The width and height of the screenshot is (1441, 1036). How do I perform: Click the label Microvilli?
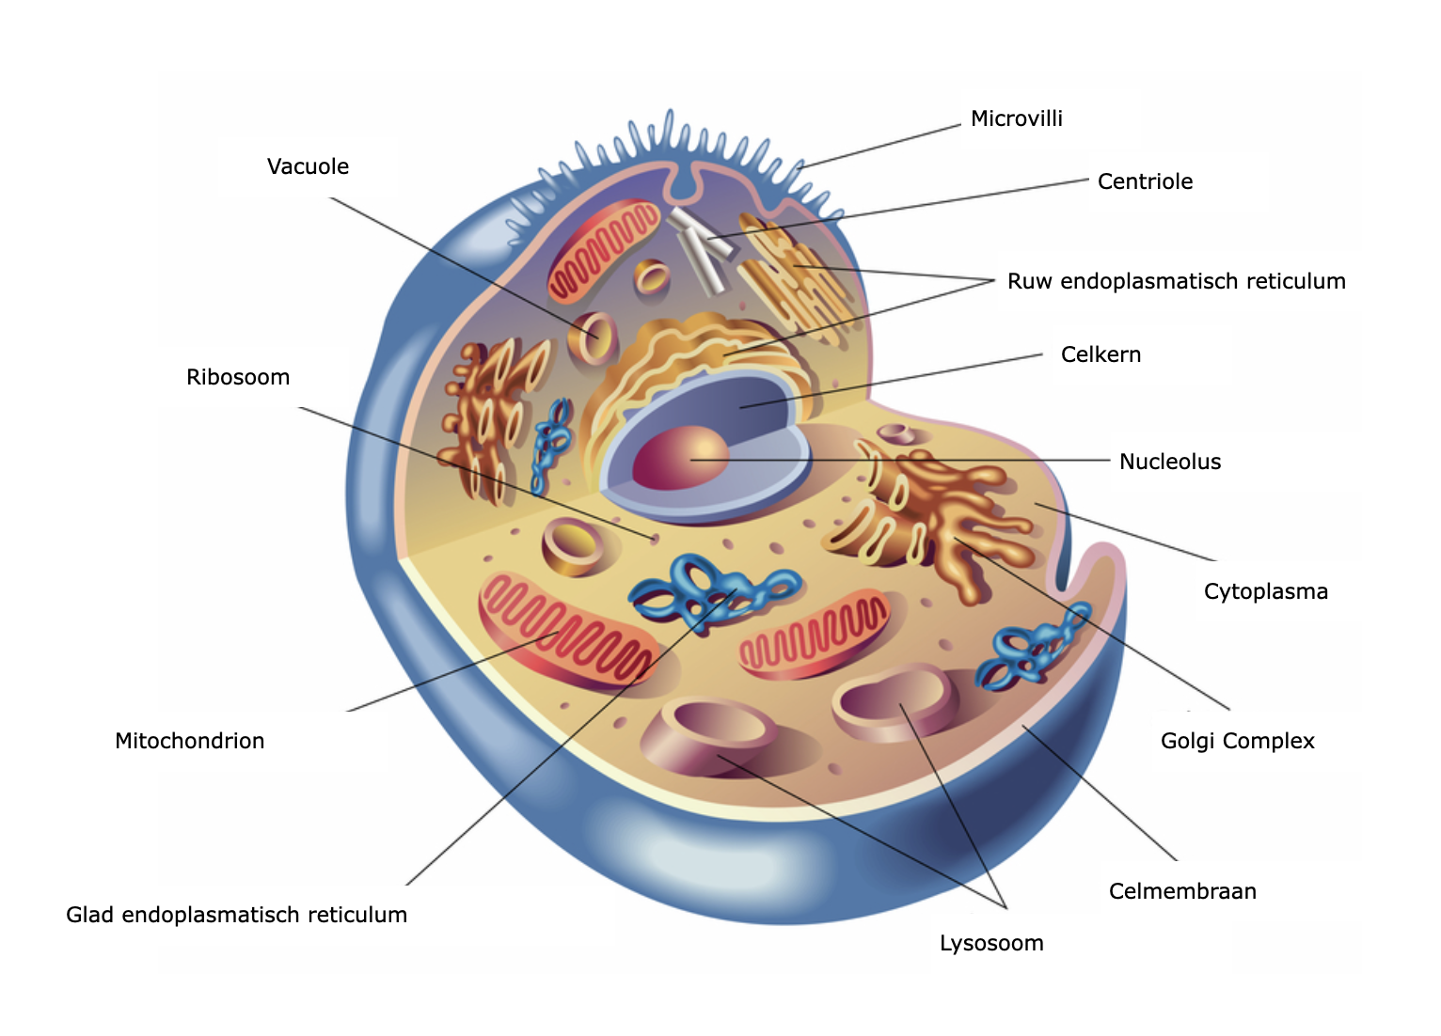pyautogui.click(x=1016, y=119)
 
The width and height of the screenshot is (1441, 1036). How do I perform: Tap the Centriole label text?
pyautogui.click(x=1145, y=182)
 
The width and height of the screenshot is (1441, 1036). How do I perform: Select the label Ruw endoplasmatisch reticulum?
pyautogui.click(x=1176, y=282)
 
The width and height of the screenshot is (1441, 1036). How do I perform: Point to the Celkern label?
pyautogui.click(x=1101, y=355)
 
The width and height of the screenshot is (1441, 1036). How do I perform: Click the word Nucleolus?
pyautogui.click(x=1170, y=463)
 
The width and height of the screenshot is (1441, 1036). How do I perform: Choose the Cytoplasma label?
pyautogui.click(x=1265, y=592)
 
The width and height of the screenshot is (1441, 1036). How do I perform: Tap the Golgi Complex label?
pyautogui.click(x=1237, y=742)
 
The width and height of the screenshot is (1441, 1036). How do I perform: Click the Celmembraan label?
pyautogui.click(x=1182, y=892)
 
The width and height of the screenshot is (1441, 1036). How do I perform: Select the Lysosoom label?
pyautogui.click(x=991, y=944)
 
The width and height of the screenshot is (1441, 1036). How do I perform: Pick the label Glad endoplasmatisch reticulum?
pyautogui.click(x=236, y=916)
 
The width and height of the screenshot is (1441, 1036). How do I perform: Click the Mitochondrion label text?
pyautogui.click(x=189, y=742)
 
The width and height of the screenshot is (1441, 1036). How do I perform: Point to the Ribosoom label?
pyautogui.click(x=238, y=378)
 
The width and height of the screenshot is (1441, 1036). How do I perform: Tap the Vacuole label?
pyautogui.click(x=308, y=167)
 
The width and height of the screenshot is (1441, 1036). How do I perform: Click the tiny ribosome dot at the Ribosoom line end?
pyautogui.click(x=655, y=538)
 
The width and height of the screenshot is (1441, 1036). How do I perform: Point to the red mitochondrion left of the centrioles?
pyautogui.click(x=602, y=250)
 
